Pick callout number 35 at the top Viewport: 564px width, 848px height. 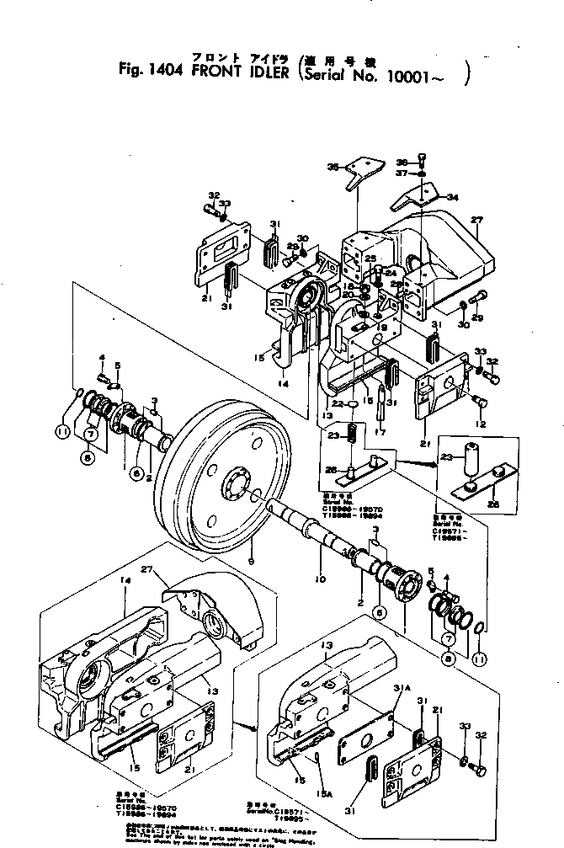click(x=332, y=168)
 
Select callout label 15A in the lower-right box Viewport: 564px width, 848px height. click(x=324, y=789)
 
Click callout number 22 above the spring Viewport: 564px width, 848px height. click(x=337, y=405)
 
